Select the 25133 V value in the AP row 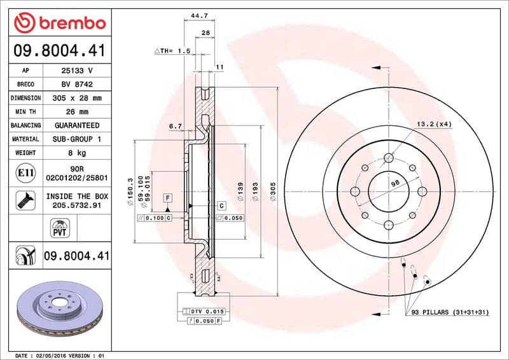(78, 71)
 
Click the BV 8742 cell (78, 85)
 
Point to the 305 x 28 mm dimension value (78, 99)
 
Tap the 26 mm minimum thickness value (78, 112)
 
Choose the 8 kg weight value (78, 153)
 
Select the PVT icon (59, 227)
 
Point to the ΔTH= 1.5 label (172, 50)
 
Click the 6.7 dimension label (176, 127)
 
